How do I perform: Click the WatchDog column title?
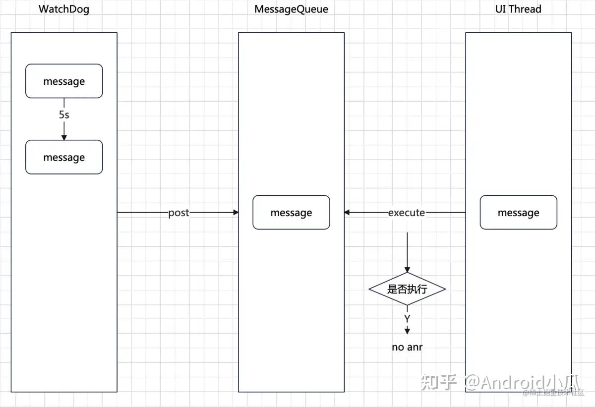64,9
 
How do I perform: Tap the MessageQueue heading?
291,9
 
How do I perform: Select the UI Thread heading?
518,9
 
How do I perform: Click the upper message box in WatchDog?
64,81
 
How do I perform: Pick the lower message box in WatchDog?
64,157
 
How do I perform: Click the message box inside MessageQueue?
291,213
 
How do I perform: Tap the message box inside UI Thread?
518,213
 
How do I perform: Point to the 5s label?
64,115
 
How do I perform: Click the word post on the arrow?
178,213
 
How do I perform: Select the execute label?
407,213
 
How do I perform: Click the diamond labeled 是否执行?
407,289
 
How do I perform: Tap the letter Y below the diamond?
407,318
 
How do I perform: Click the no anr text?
407,347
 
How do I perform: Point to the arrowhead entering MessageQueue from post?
236,213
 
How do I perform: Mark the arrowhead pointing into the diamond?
407,269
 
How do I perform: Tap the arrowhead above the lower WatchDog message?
64,137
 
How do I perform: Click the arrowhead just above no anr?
407,331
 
